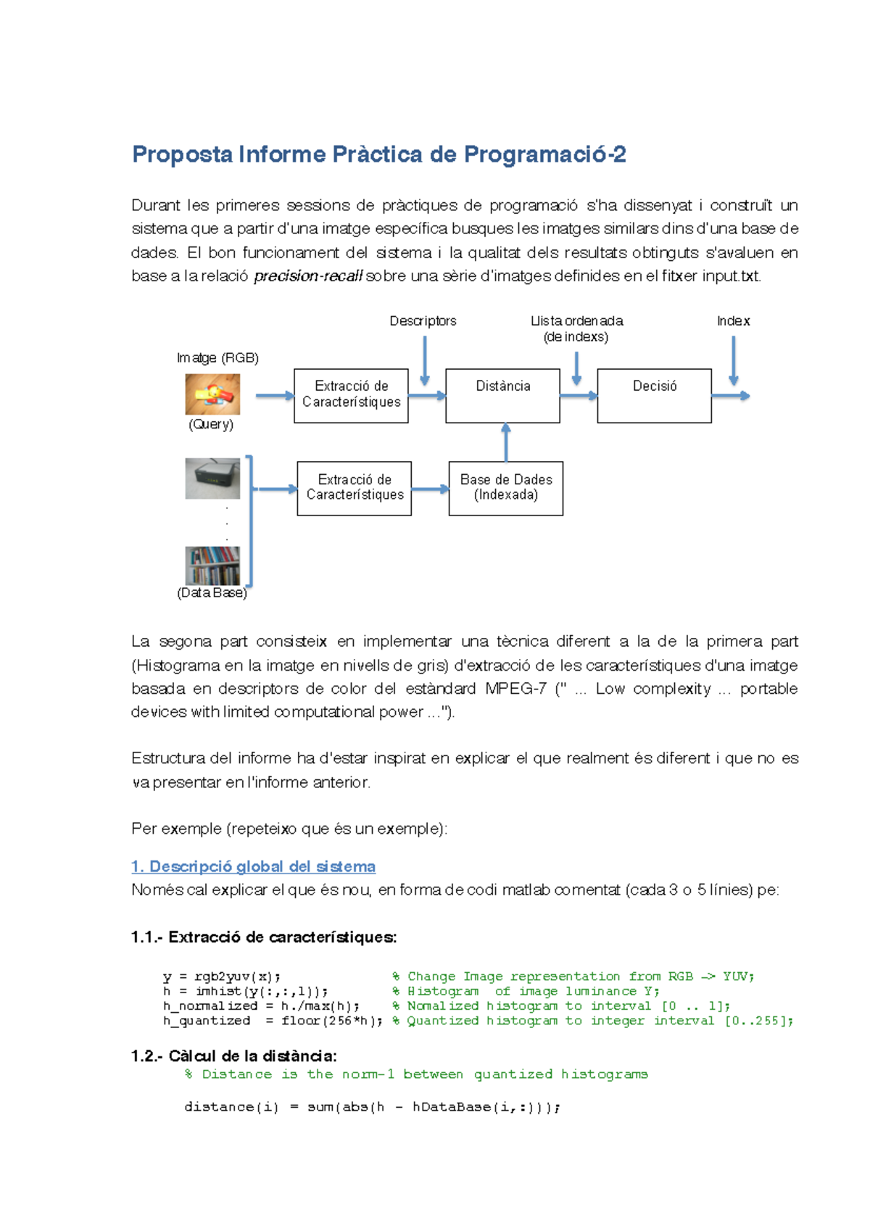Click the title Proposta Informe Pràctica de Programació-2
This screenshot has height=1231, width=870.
click(378, 154)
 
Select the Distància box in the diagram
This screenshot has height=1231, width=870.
click(502, 395)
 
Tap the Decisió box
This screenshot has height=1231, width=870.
click(654, 395)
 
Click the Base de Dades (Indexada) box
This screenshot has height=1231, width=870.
click(505, 488)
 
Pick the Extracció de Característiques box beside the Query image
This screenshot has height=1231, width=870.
click(351, 395)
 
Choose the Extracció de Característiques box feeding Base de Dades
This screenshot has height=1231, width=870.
click(354, 488)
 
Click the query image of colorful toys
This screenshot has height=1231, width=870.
click(212, 394)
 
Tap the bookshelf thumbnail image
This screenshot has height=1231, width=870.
click(212, 565)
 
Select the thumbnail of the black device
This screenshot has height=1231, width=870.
click(212, 478)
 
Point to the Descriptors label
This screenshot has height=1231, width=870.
click(423, 320)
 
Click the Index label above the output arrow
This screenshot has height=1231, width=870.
click(733, 320)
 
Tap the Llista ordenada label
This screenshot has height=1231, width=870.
click(576, 320)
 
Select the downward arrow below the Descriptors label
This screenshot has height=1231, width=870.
click(425, 360)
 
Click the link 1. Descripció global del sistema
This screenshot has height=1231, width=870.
click(253, 866)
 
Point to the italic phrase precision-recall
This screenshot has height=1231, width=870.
click(308, 276)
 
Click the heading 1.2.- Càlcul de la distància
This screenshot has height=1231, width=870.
click(233, 1056)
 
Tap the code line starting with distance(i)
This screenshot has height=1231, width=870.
click(372, 1107)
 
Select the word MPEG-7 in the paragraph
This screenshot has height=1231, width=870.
click(515, 689)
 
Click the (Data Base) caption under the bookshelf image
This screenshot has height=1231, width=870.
click(212, 593)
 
